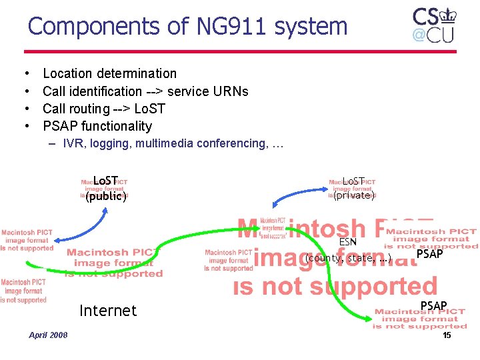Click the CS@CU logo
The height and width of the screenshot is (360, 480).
pyautogui.click(x=433, y=25)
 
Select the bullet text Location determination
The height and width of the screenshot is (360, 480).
pyautogui.click(x=109, y=73)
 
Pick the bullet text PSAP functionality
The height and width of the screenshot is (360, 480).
pyautogui.click(x=97, y=126)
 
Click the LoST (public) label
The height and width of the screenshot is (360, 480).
pyautogui.click(x=105, y=188)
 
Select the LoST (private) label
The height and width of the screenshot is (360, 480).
pyautogui.click(x=353, y=188)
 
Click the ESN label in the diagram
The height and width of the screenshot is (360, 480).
pyautogui.click(x=348, y=242)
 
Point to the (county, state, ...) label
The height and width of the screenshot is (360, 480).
pyautogui.click(x=348, y=258)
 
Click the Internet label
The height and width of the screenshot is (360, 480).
pyautogui.click(x=107, y=311)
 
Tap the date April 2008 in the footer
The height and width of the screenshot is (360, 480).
pyautogui.click(x=48, y=335)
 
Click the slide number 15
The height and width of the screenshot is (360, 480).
pyautogui.click(x=447, y=335)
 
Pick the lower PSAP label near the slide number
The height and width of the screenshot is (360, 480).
pyautogui.click(x=433, y=306)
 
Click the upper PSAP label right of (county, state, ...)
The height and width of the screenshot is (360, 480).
pyautogui.click(x=429, y=254)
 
